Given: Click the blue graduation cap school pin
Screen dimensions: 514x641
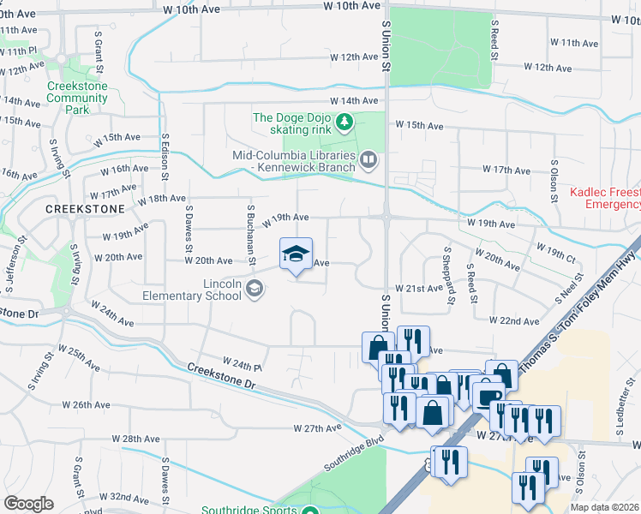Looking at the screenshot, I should (x=296, y=255).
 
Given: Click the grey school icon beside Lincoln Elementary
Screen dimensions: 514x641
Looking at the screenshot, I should (x=255, y=290).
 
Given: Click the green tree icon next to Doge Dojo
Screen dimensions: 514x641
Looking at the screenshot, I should (x=344, y=123).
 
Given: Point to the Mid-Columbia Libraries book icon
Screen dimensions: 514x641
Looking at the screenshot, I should (x=368, y=158).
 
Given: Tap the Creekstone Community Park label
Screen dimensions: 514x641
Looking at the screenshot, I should (x=77, y=98).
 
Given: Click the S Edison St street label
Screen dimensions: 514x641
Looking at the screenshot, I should (x=164, y=156).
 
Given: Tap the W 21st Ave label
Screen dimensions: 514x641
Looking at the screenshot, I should (x=418, y=290).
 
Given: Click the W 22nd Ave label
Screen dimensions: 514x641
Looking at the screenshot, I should (x=514, y=320).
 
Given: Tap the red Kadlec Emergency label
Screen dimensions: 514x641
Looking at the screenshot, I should (x=605, y=199).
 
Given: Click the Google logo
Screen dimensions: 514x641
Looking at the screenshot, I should (x=28, y=504).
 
